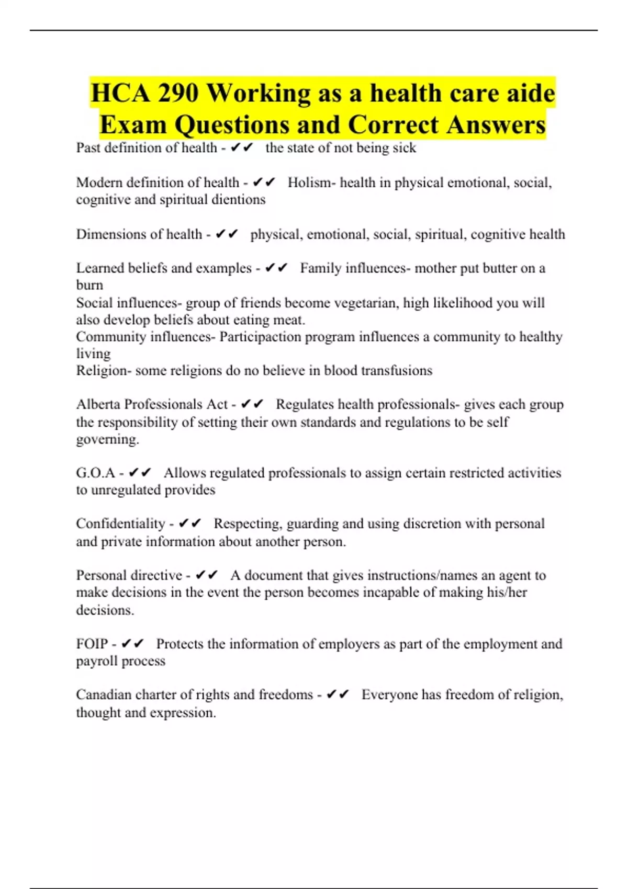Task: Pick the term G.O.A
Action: [95, 473]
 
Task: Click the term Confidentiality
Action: [120, 524]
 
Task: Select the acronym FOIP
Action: [92, 644]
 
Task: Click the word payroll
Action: [97, 662]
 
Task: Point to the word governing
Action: [107, 439]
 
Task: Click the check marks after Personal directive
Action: [206, 575]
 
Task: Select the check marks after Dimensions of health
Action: [227, 234]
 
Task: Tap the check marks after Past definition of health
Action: [241, 148]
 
